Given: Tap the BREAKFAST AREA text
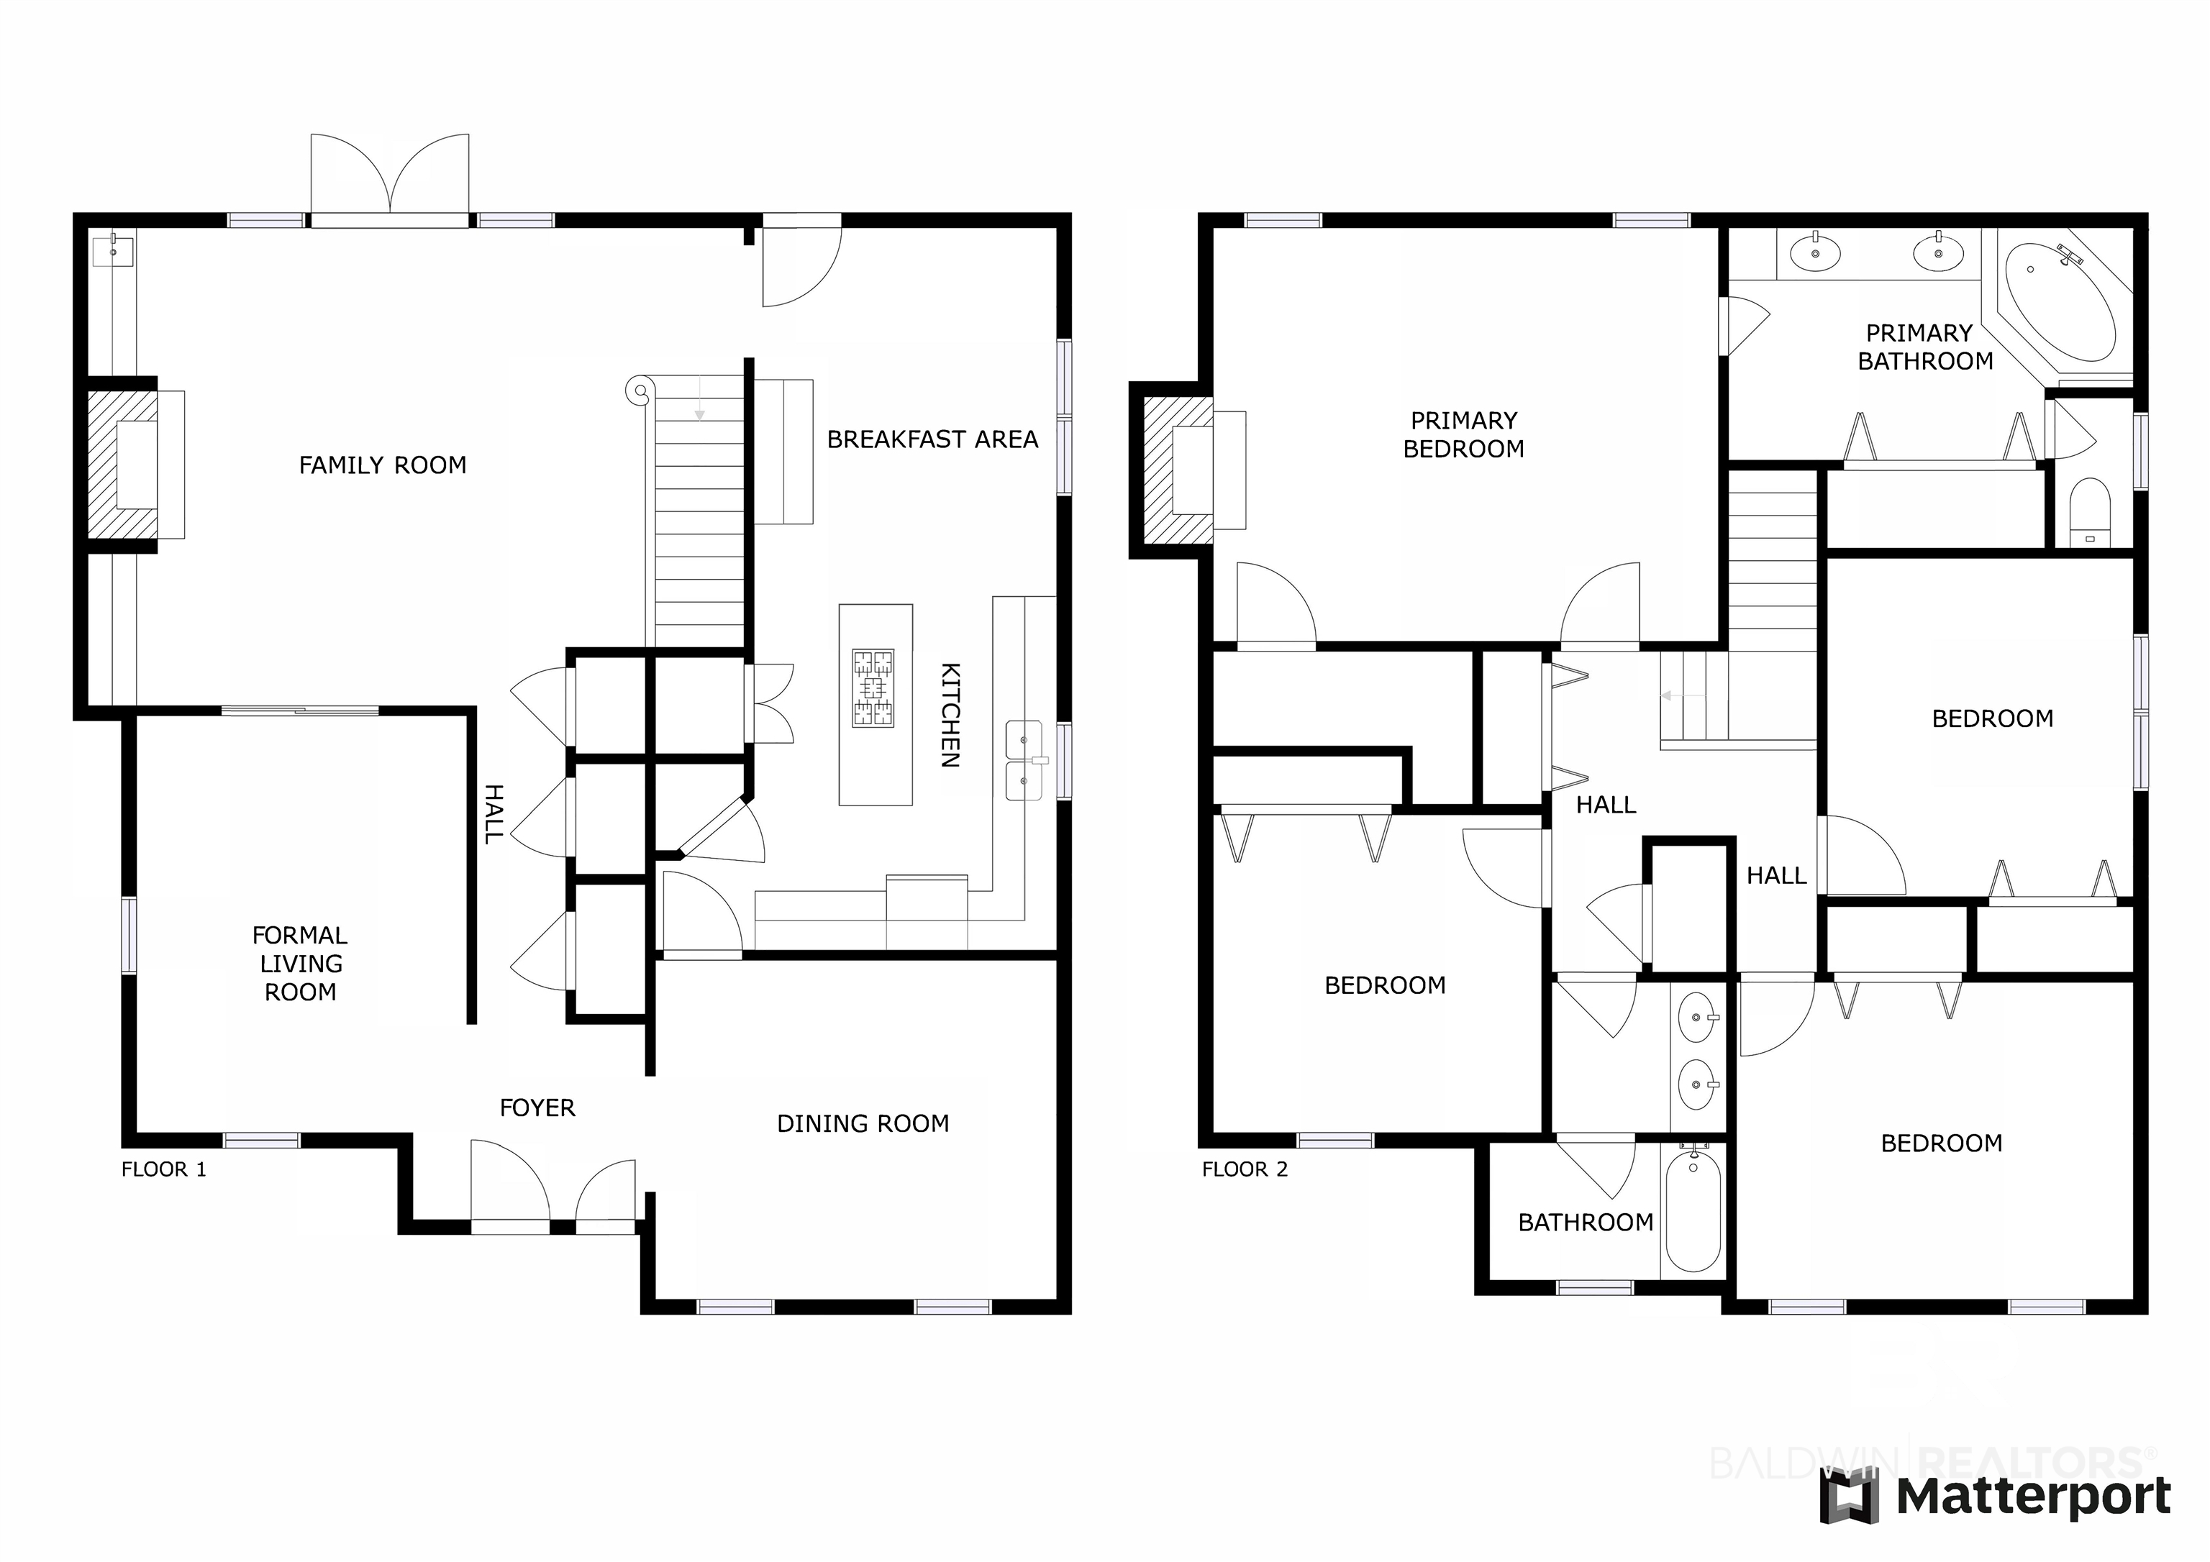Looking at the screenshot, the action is pos(933,440).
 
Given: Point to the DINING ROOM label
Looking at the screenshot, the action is pos(863,1123).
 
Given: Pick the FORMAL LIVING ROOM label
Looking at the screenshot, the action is pos(300,964).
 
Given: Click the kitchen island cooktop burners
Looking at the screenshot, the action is pos(873,688).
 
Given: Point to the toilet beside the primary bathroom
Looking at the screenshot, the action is pos(2090,512).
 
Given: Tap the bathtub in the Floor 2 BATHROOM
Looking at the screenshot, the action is pos(1693,1210).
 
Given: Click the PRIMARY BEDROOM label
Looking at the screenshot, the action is pos(1463,435).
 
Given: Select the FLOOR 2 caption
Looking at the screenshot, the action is pos(1245,1169).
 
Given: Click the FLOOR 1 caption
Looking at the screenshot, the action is pos(163,1169).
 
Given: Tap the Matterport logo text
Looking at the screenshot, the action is pos(2034,1497).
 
